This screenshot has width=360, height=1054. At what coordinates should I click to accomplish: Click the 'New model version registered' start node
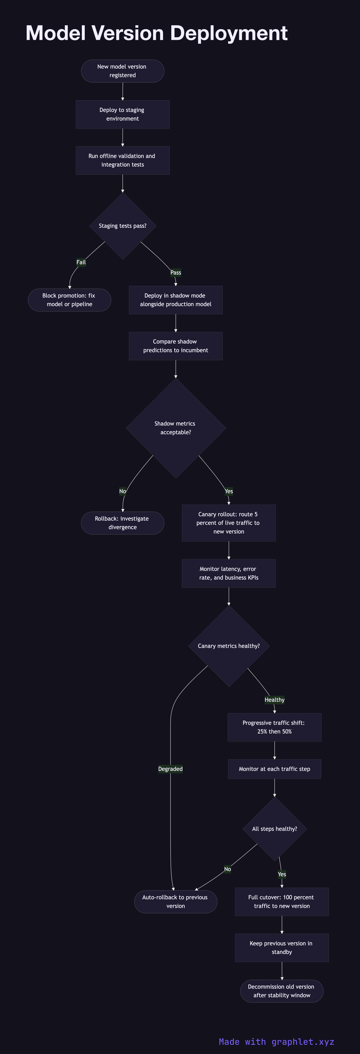(x=122, y=71)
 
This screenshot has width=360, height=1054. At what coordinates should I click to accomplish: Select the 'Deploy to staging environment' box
(x=122, y=114)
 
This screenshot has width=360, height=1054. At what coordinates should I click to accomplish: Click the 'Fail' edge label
(x=81, y=262)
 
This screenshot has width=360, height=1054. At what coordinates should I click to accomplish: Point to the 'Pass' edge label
(x=176, y=273)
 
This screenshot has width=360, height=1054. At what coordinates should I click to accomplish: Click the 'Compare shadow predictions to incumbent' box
(x=176, y=346)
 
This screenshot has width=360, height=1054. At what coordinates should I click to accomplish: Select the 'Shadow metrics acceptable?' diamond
(x=176, y=428)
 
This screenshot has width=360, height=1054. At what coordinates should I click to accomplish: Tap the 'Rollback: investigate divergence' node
(x=122, y=523)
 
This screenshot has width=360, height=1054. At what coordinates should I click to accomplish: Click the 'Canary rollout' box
(x=229, y=523)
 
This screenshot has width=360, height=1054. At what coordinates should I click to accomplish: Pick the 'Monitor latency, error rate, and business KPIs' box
(x=229, y=573)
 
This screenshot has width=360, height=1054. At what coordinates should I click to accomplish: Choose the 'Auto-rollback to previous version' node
(x=176, y=901)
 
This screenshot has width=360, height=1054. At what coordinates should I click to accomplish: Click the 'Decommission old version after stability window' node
(x=282, y=991)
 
